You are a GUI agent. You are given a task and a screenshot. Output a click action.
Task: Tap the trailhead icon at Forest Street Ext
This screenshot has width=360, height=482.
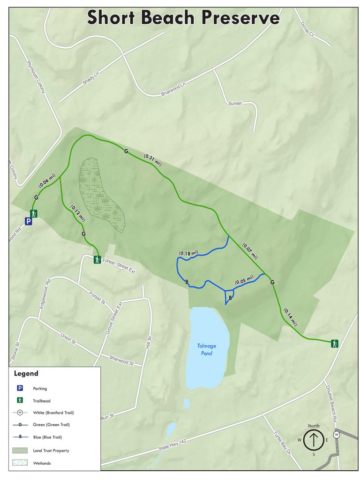97,259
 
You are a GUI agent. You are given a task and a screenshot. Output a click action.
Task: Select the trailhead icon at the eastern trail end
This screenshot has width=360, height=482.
334,343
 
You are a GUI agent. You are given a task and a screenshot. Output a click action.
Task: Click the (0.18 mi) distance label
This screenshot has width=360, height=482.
188,253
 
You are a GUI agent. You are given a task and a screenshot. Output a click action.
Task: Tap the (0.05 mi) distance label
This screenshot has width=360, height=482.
244,280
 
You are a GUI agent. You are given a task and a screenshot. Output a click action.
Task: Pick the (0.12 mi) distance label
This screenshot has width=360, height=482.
78,212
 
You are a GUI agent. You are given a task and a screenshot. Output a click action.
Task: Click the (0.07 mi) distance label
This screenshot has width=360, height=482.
250,250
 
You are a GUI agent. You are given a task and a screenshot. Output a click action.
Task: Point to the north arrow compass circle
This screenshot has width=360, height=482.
313,440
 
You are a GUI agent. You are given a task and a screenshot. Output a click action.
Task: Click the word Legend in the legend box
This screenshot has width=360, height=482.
26,374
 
